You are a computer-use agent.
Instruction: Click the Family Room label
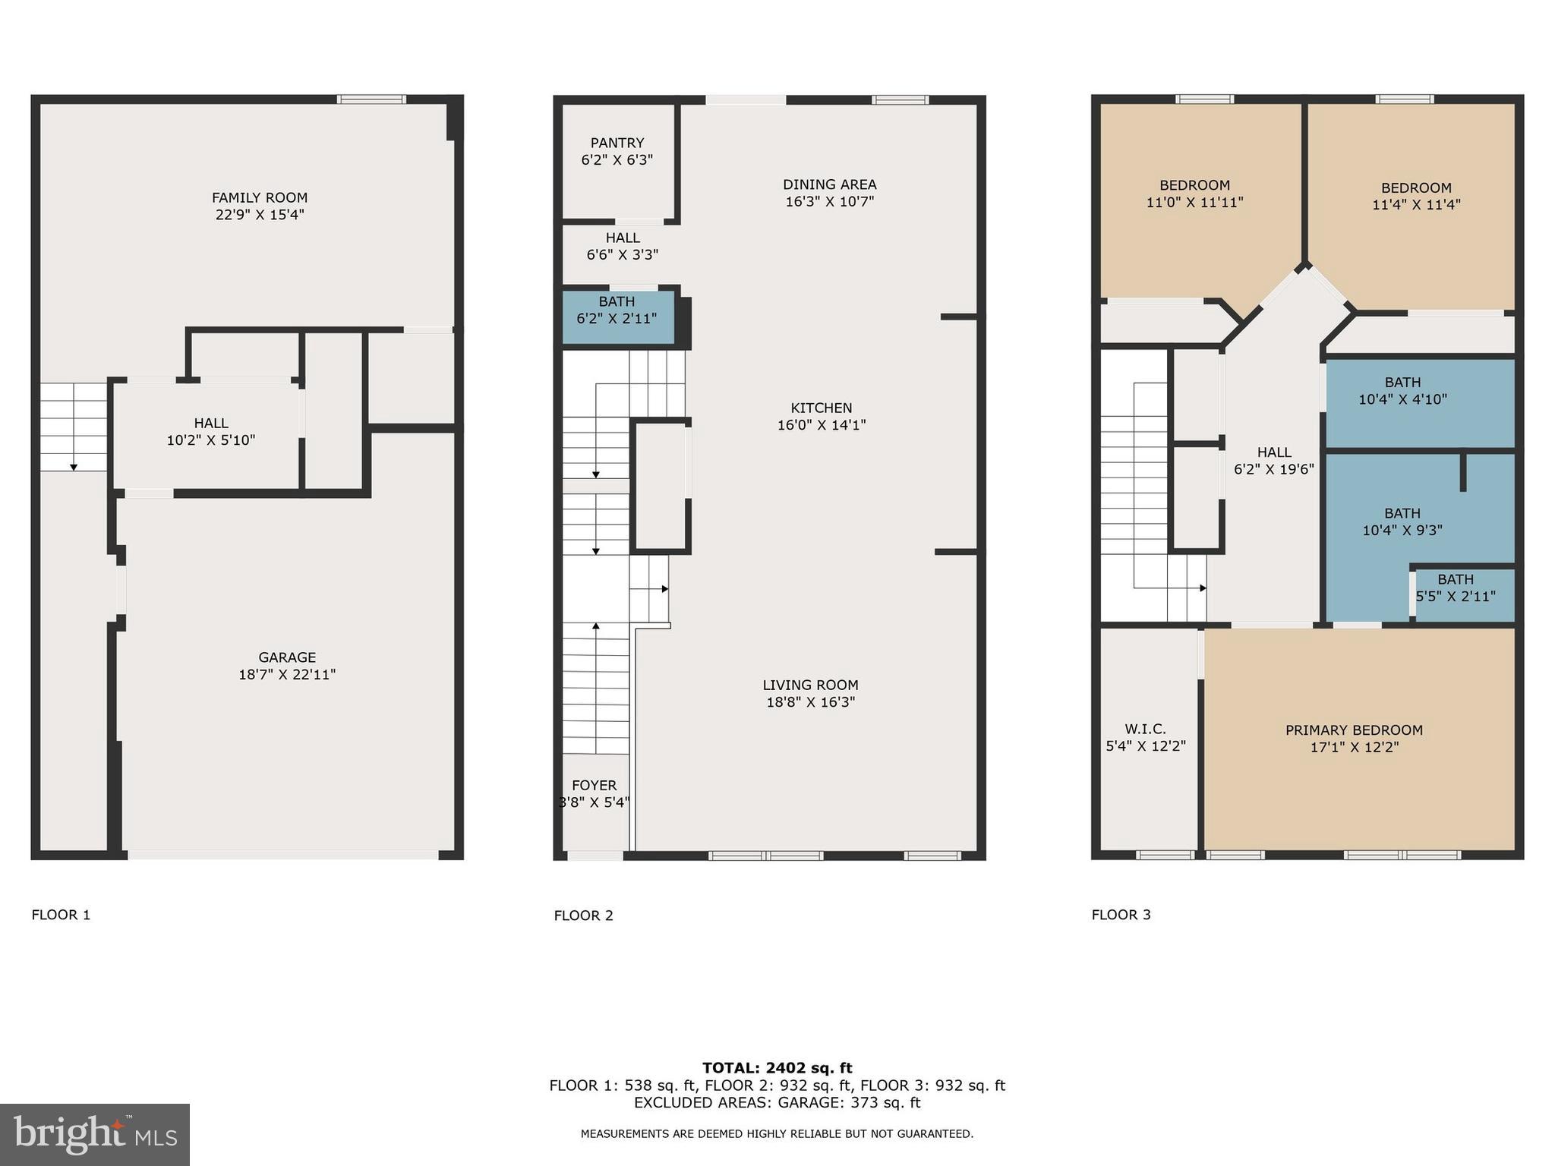point(260,198)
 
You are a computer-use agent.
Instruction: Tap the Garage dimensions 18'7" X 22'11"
point(287,674)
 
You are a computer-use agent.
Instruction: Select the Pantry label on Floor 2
point(617,143)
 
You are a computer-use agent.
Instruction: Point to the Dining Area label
point(829,184)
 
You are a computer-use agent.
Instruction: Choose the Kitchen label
point(821,408)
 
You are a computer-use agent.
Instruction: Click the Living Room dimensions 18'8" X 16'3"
point(810,702)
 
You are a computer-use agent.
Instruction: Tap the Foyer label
point(594,786)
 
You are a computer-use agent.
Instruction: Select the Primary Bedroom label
point(1354,730)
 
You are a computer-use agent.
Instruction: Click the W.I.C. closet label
point(1145,730)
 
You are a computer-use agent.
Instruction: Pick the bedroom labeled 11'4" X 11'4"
point(1416,196)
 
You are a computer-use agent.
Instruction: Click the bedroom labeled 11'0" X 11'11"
point(1194,194)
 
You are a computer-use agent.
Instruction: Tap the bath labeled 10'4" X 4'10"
point(1402,391)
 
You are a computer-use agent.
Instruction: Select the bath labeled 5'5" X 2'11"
point(1455,588)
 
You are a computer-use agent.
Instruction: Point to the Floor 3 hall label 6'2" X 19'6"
point(1273,461)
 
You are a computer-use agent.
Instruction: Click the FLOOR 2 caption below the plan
point(583,915)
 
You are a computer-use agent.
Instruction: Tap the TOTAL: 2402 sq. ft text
point(777,1068)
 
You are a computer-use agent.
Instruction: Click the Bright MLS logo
point(95,1134)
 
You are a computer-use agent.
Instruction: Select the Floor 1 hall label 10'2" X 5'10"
point(210,431)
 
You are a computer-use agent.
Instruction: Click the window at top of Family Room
point(371,99)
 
